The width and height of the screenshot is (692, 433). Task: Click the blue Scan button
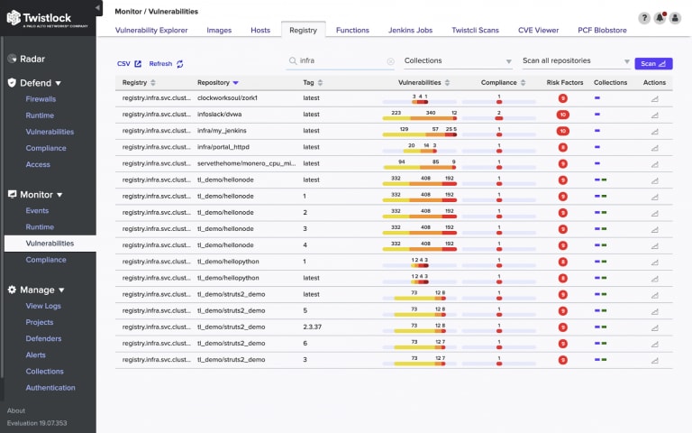[x=653, y=63]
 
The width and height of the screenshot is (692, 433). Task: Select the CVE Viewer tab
[x=539, y=30]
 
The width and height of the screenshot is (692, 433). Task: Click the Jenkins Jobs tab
[x=410, y=30]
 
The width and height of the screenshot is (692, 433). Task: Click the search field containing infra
[x=340, y=61]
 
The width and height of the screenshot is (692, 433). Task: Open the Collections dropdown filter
[x=458, y=61]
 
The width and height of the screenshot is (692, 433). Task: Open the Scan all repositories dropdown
[x=576, y=61]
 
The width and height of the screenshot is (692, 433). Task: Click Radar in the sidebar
[x=33, y=59]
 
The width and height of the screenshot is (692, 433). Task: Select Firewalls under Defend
[x=41, y=99]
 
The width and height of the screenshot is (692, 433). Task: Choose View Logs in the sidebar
[x=43, y=307]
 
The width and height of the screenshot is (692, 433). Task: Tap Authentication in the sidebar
[x=50, y=388]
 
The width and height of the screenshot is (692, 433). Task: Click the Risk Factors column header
[x=565, y=82]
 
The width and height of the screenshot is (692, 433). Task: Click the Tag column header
[x=309, y=82]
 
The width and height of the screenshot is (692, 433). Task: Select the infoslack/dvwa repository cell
[x=220, y=114]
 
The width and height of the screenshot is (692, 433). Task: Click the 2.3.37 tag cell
[x=313, y=327]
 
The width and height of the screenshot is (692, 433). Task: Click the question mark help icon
[x=645, y=18]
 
